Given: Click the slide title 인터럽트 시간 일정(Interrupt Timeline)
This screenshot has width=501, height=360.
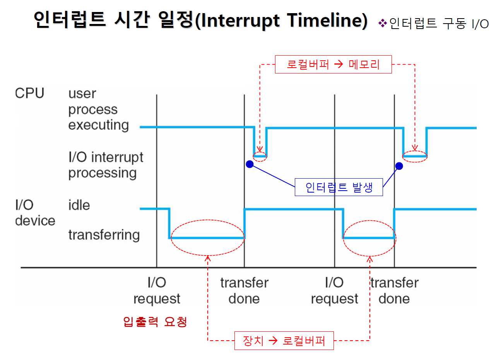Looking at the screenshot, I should coord(200,20).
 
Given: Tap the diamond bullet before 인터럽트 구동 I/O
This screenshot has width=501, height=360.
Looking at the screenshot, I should coord(383,23).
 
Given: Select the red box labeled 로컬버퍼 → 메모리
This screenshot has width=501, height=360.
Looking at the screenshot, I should coord(333,64).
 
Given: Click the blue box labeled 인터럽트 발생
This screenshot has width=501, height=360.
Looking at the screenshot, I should coord(339,187).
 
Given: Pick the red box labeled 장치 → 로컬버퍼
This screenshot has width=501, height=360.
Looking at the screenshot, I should coord(284,341).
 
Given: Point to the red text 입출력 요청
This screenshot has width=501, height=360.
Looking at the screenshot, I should coord(155,321).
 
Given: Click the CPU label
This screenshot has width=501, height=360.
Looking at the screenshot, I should coord(29,93).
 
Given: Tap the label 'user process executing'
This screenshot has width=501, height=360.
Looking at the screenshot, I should coord(98,109).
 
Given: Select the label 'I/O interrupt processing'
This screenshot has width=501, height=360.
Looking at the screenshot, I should coord(105,165).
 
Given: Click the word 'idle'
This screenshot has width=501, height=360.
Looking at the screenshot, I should coord(79,205).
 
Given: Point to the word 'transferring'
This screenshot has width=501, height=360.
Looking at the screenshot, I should coord(104,235).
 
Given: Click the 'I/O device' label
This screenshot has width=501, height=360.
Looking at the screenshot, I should coord(35,213).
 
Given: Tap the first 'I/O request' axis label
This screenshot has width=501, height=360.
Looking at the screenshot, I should coord(157,291).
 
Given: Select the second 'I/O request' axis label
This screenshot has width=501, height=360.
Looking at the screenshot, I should coord(334,291).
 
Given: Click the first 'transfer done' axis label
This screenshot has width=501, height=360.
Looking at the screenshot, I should coord(244,291).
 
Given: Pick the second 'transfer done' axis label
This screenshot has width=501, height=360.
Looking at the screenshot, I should coord(394,291).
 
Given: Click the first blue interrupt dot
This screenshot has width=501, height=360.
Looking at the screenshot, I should coord(250,164).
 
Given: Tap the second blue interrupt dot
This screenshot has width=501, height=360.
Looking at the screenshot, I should coord(399,166).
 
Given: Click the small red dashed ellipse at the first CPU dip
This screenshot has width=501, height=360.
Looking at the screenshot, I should coord(260,156).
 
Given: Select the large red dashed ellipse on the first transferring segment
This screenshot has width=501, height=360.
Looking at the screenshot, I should coord(208,237).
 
